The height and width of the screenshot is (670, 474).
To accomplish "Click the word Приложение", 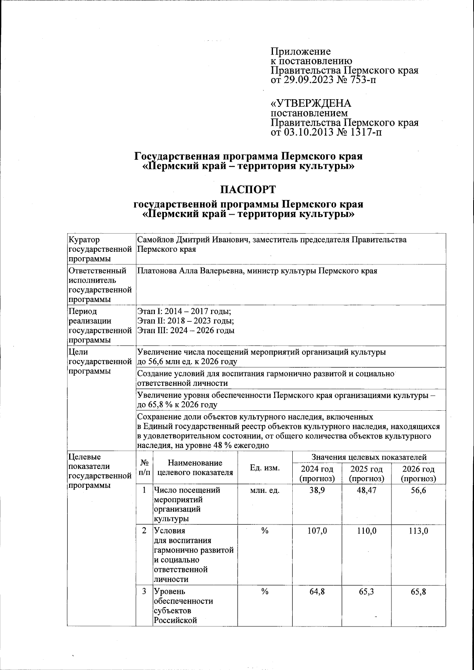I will tap(301, 51).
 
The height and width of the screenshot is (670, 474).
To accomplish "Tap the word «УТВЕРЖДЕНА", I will tap(310, 104).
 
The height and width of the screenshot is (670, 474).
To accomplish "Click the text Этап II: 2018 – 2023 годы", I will tap(186, 321).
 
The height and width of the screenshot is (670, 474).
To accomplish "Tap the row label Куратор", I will tap(84, 240).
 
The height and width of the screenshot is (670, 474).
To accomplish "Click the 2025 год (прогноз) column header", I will tap(366, 474).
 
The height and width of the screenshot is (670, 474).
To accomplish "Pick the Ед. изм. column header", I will tap(265, 468).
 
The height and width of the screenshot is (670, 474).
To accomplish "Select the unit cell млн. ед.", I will tap(265, 491).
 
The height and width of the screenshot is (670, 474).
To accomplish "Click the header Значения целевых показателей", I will tap(369, 457).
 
